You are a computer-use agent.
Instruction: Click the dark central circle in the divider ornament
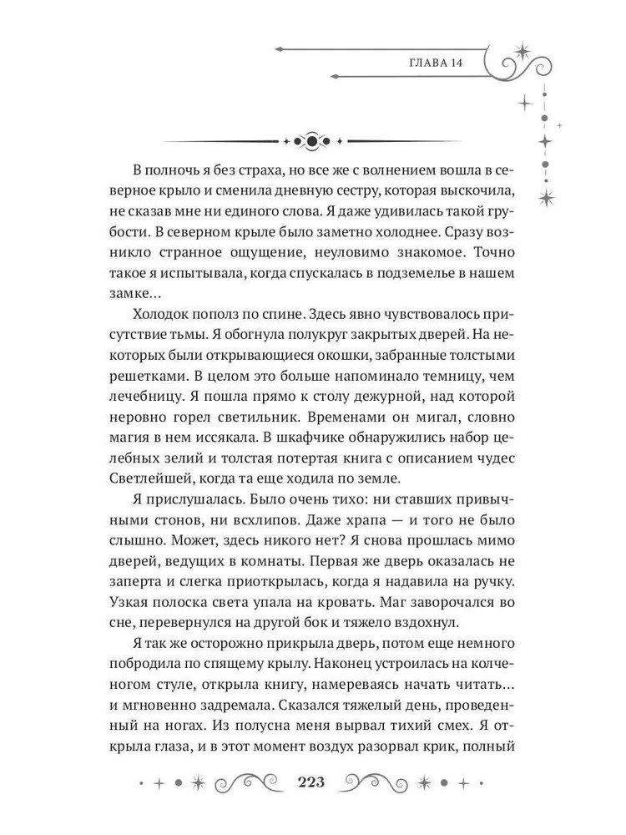point(312,141)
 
